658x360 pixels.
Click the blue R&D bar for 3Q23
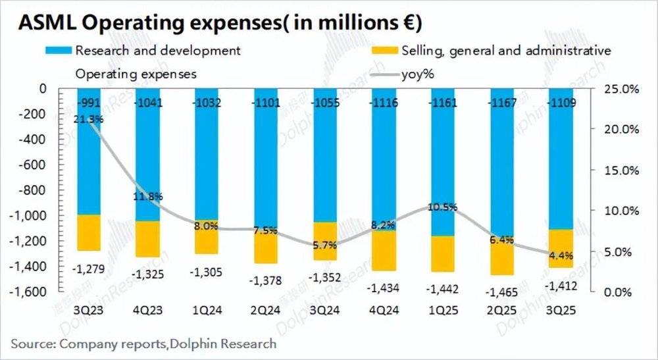[x=88, y=158]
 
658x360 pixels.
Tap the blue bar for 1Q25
[x=442, y=165]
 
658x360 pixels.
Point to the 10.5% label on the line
[x=442, y=207]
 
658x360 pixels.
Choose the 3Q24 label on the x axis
[x=324, y=309]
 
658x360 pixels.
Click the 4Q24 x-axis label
[x=384, y=309]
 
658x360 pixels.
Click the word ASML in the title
[x=45, y=23]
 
